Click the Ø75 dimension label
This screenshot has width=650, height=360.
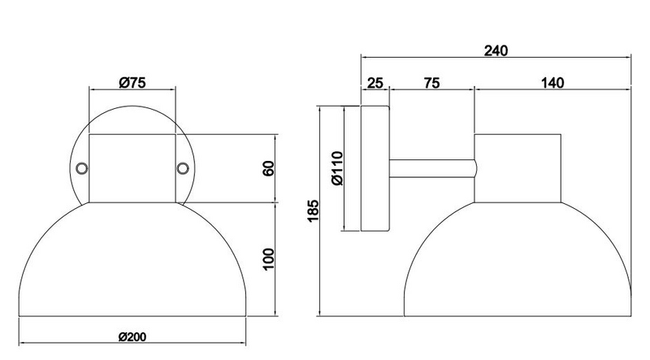(x=132, y=83)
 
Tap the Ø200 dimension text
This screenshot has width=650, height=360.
(x=132, y=336)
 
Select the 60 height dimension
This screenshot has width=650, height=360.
(x=269, y=168)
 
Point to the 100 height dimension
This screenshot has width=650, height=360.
(x=269, y=258)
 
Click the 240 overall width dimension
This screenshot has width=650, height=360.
(x=496, y=50)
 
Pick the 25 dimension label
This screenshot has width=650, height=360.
(x=375, y=83)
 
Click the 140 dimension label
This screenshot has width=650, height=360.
(x=552, y=83)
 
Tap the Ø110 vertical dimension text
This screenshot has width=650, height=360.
(x=338, y=168)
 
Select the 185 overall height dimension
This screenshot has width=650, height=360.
(x=313, y=210)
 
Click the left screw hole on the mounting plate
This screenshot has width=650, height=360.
(x=82, y=168)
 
